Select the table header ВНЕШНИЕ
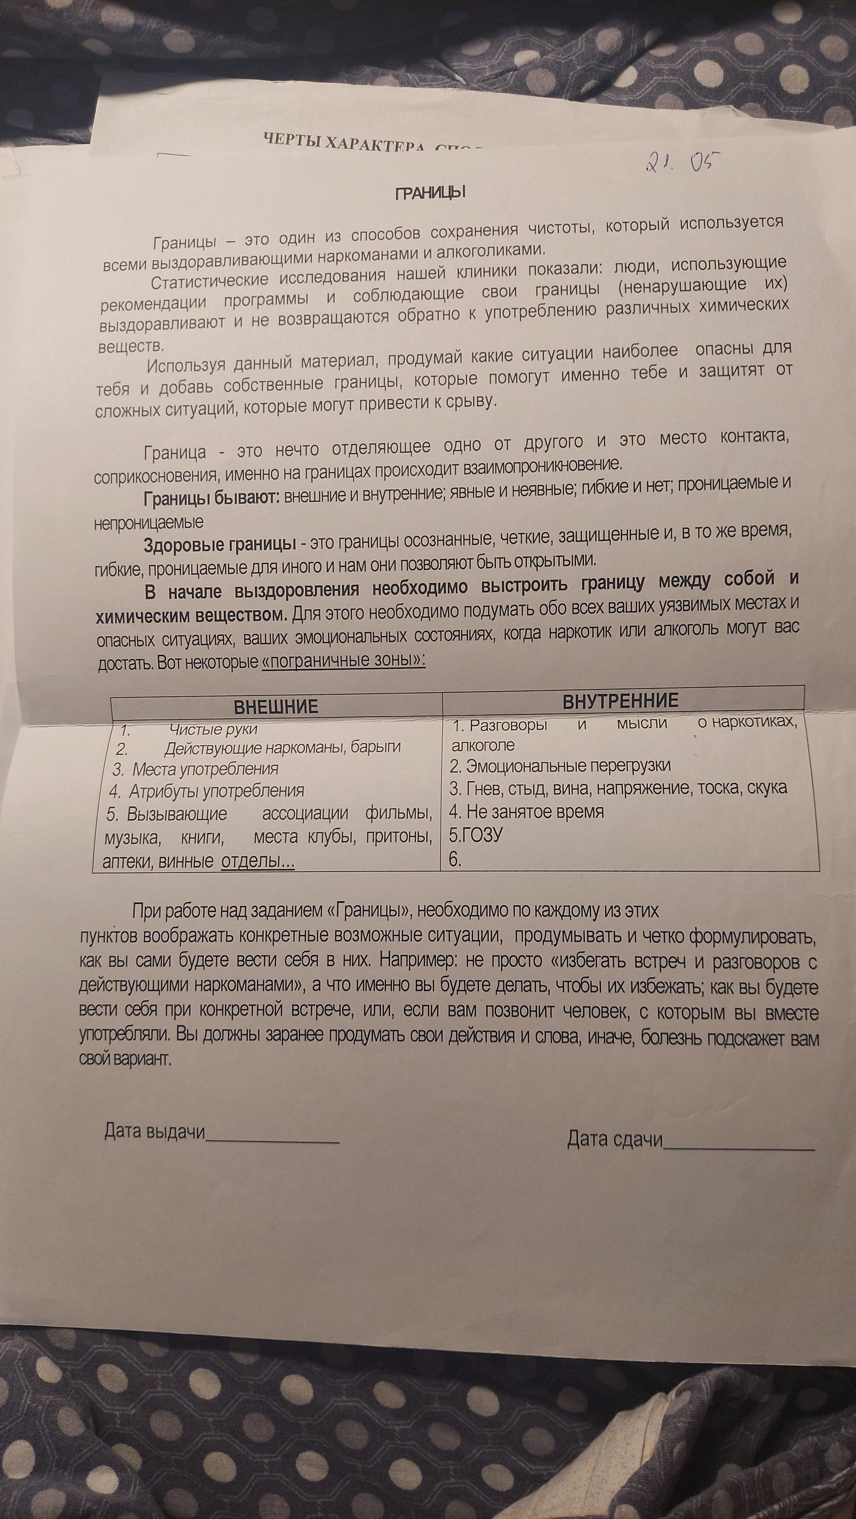[x=276, y=706]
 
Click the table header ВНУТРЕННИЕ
[x=621, y=700]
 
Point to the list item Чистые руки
[x=213, y=729]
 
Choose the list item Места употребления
[x=205, y=769]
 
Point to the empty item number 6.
[x=455, y=859]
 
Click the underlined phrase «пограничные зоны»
[x=343, y=660]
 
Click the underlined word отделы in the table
[x=257, y=862]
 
